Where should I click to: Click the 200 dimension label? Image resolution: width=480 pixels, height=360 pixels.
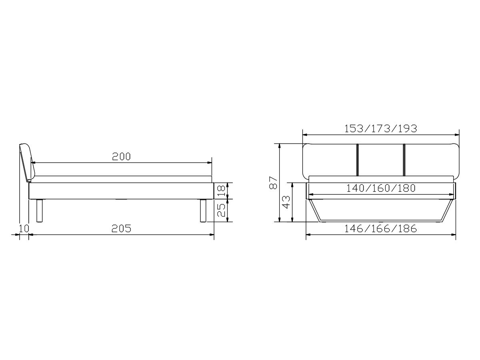click(121, 156)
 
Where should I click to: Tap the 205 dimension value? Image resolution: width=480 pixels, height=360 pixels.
click(121, 229)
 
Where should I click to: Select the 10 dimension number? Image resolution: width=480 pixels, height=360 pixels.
click(24, 229)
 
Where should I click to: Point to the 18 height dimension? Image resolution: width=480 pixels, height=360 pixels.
click(221, 191)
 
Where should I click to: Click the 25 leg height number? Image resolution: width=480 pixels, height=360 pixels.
click(221, 210)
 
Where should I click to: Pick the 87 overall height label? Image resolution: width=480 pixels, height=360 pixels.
click(273, 182)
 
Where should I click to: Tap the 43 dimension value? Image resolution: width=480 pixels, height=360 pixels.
click(286, 202)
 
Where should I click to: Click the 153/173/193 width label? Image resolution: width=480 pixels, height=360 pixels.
click(381, 129)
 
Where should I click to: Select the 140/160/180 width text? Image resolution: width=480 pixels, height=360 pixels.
click(381, 188)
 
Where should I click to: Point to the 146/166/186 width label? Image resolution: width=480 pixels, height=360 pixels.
click(380, 229)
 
